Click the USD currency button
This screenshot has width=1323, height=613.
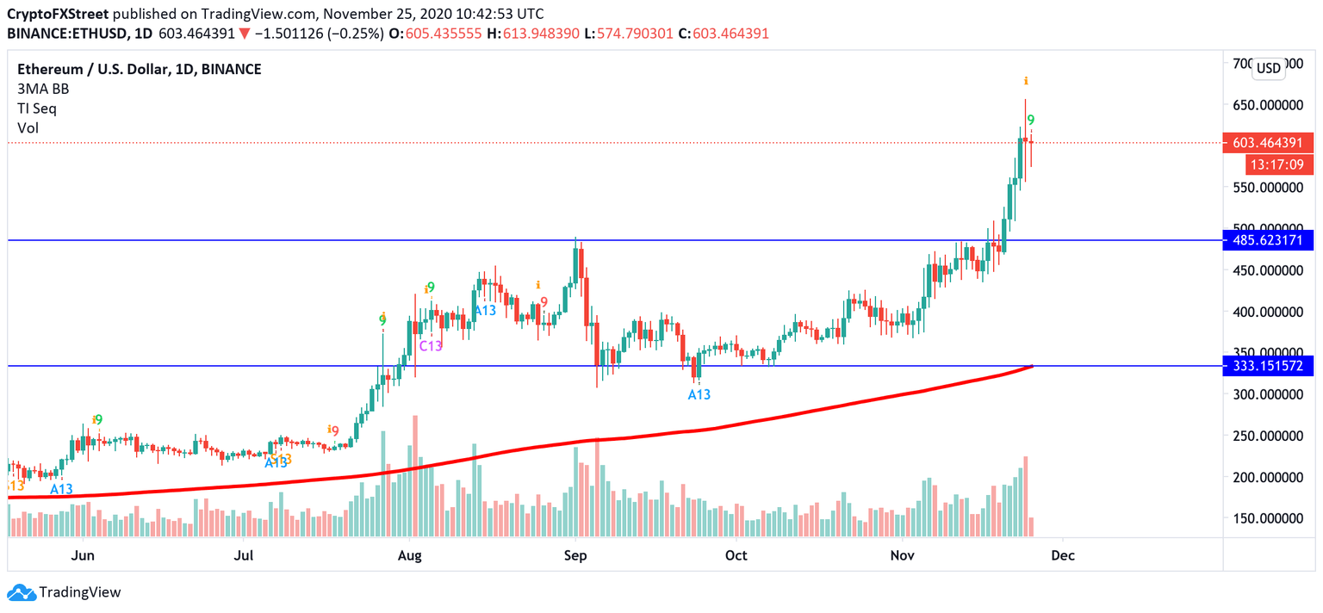[1268, 68]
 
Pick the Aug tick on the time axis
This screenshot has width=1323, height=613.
[410, 555]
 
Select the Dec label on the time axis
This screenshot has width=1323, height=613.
[1062, 555]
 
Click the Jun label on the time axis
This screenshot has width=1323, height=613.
[82, 555]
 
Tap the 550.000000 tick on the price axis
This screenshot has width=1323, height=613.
[1265, 188]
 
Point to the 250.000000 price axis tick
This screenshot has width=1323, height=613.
[1265, 436]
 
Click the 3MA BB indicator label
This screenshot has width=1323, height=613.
[43, 89]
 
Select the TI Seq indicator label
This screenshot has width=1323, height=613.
[37, 108]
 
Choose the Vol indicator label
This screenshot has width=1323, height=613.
[28, 128]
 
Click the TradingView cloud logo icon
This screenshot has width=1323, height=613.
[21, 592]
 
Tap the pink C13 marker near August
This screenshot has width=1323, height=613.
[430, 346]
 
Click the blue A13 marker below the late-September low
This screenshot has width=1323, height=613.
[699, 394]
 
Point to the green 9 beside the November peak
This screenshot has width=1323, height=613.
[1030, 121]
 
